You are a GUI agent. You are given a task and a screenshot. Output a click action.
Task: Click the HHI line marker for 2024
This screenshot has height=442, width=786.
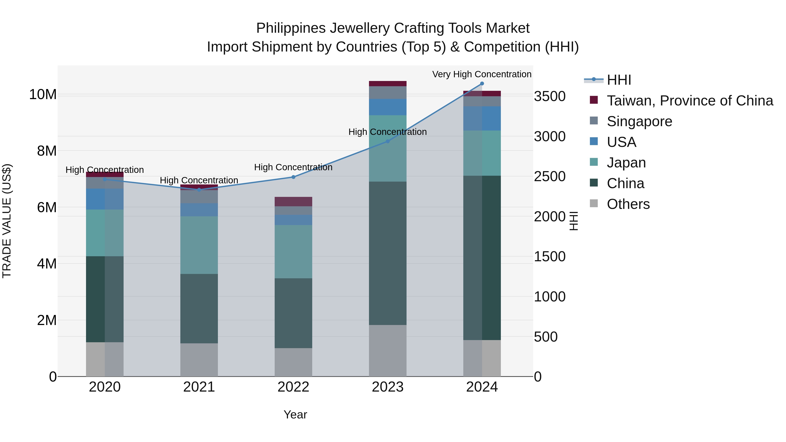tap(482, 84)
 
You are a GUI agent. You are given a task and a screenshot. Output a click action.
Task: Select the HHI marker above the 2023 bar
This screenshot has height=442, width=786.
tap(388, 141)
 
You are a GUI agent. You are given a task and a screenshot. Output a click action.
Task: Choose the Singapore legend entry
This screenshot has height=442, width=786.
tap(639, 121)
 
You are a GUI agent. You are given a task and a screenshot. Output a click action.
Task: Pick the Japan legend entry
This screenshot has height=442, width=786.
tap(626, 163)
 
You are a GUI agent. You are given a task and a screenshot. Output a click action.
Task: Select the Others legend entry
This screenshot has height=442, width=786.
tap(628, 204)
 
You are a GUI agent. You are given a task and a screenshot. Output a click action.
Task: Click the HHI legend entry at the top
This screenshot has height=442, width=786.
tap(619, 80)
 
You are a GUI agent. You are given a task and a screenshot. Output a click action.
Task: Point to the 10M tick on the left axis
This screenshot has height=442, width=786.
tap(43, 95)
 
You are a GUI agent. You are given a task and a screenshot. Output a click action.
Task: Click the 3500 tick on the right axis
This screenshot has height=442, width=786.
tap(550, 96)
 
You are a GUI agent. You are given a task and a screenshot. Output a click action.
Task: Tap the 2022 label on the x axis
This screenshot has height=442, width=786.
tap(293, 387)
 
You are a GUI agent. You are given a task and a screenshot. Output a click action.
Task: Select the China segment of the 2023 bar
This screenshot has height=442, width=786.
tap(388, 253)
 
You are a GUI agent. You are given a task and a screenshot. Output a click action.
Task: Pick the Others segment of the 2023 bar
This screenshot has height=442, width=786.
tap(388, 351)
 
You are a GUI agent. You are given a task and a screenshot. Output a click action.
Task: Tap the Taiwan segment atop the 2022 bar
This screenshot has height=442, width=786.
tap(293, 202)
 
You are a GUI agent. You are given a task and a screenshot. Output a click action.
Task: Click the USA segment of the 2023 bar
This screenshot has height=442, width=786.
tap(388, 107)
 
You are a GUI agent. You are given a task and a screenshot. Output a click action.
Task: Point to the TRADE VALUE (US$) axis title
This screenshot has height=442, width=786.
tap(7, 221)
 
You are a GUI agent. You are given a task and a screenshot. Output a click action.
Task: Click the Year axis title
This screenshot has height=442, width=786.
tap(295, 414)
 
